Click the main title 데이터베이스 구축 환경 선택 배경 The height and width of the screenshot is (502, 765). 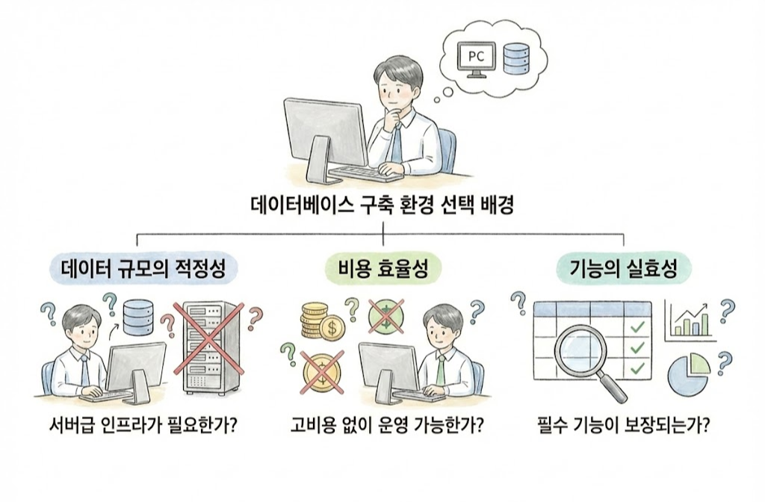tap(382, 206)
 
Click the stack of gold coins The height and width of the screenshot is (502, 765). tap(315, 320)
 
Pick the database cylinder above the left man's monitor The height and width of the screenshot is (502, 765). tap(136, 317)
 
